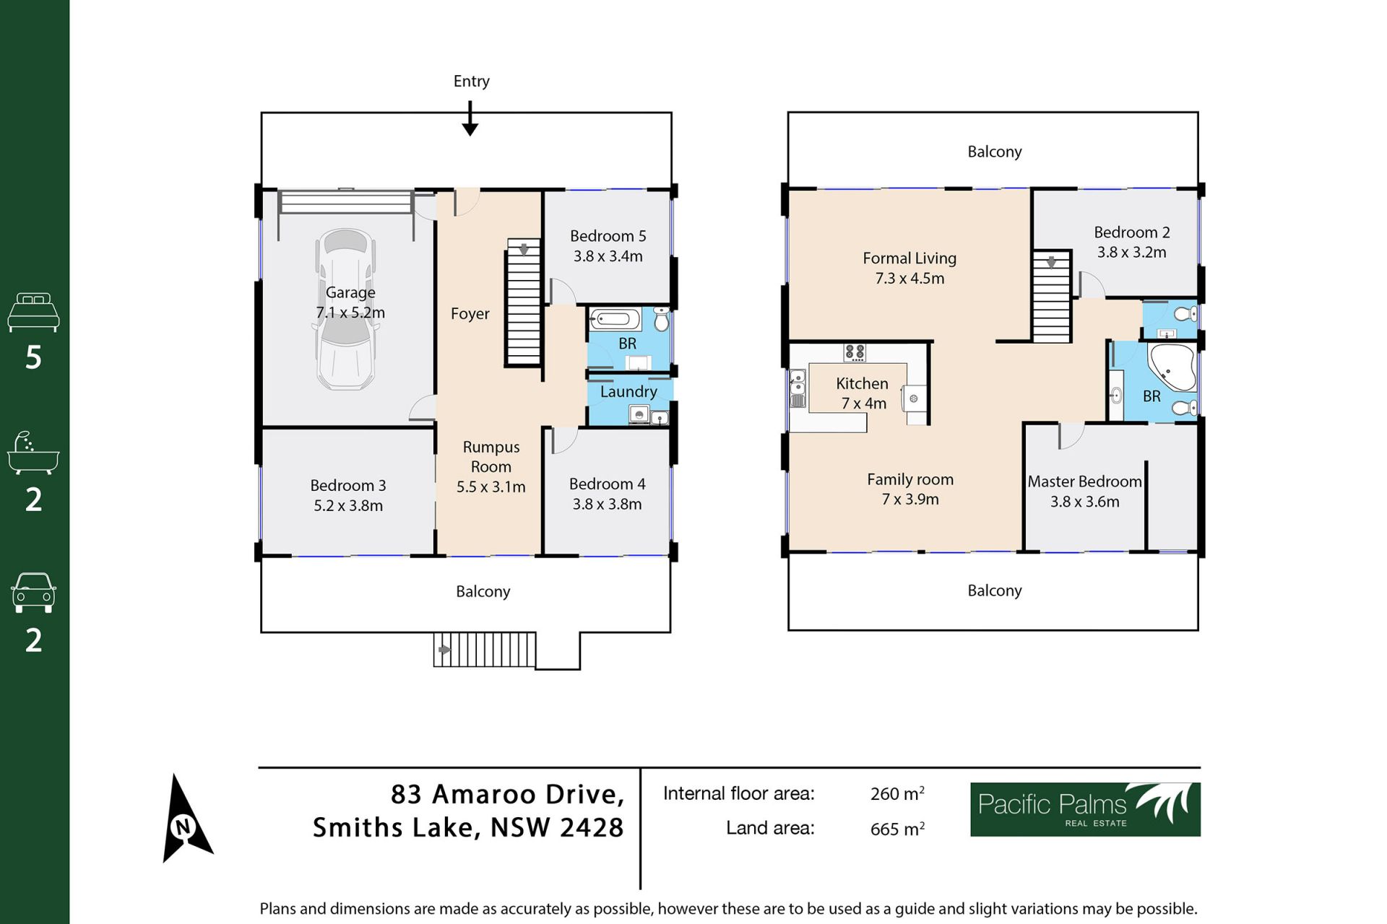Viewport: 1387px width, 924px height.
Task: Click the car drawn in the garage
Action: [x=346, y=310]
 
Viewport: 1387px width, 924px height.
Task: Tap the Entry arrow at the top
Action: [x=470, y=118]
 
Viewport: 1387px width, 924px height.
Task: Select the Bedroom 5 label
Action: [x=608, y=236]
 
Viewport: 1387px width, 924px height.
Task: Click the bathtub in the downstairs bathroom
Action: [x=615, y=319]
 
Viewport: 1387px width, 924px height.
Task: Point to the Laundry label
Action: [x=628, y=392]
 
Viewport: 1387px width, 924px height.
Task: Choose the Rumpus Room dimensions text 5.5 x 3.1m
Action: [x=491, y=487]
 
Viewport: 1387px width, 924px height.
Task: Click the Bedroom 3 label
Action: [x=348, y=486]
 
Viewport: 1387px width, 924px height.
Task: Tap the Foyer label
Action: [x=470, y=314]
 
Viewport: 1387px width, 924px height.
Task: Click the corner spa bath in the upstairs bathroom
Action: [x=1171, y=367]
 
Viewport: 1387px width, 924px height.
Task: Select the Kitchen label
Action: [x=862, y=384]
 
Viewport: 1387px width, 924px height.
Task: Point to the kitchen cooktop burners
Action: [x=855, y=352]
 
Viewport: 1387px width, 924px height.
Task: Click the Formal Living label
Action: [x=909, y=258]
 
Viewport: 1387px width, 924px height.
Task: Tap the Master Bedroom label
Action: [x=1084, y=481]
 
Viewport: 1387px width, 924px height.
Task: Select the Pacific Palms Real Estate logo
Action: [x=1085, y=809]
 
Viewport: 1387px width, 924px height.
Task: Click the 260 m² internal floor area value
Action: [x=897, y=793]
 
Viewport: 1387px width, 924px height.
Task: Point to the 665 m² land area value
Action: [x=897, y=829]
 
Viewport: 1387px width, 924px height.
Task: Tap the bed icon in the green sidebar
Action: [x=33, y=312]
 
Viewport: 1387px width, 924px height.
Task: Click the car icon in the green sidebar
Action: [x=33, y=593]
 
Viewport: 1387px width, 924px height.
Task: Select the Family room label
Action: [x=910, y=479]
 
